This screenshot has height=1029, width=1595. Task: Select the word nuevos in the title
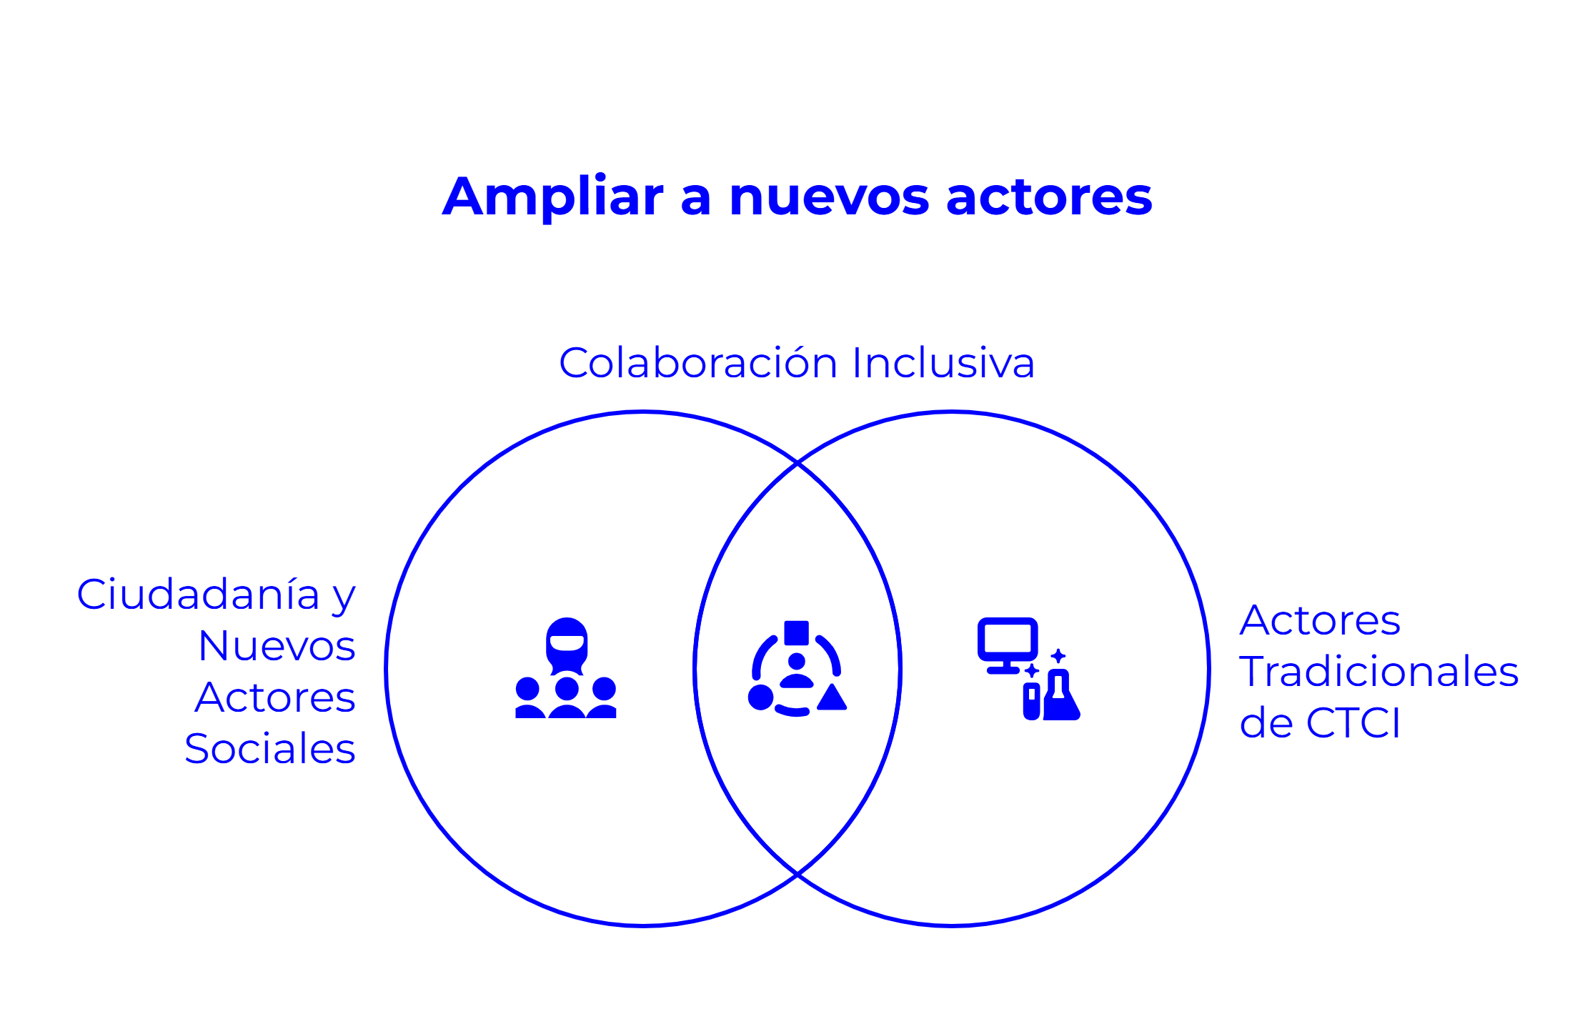829,197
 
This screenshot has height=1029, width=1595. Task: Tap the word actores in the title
1048,197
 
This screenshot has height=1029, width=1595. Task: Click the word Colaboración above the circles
697,363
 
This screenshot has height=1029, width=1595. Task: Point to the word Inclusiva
943,363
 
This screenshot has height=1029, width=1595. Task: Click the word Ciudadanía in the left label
198,595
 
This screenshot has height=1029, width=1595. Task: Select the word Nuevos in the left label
277,646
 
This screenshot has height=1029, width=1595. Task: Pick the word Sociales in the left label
270,749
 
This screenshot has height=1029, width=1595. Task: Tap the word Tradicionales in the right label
1378,672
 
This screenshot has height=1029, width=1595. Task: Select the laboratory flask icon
1060,697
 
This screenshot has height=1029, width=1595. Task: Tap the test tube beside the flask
1031,701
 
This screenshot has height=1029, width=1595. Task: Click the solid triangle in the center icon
832,698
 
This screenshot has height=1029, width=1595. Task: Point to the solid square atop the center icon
796,632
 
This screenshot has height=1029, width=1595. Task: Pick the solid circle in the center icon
760,697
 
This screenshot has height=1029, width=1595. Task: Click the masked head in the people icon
567,644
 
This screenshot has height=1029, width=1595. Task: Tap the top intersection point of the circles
797,463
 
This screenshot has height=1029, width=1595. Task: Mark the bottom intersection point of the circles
797,874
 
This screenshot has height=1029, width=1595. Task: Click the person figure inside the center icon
796,670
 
